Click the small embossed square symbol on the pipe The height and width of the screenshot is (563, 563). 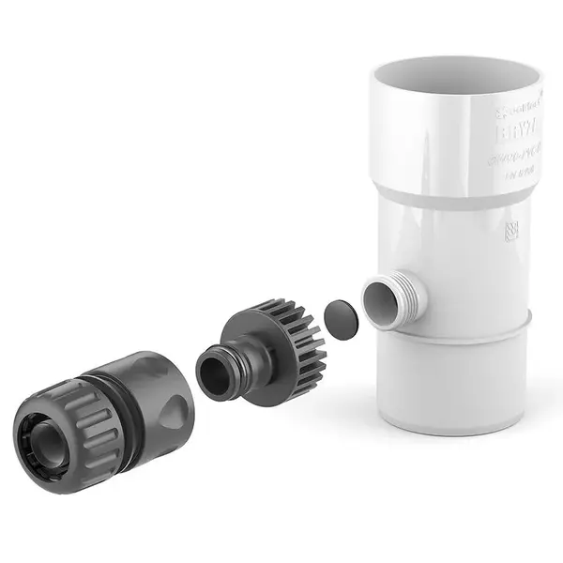(x=510, y=231)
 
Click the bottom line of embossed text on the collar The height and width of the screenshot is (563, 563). (x=514, y=172)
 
